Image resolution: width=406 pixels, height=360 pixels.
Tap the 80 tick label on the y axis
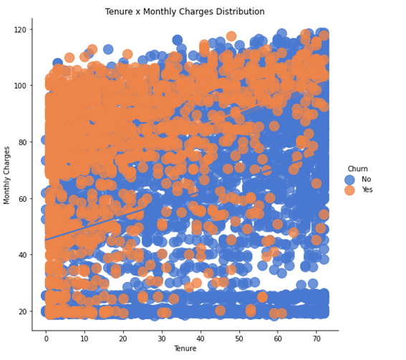point(22,142)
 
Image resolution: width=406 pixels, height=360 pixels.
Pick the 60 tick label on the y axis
point(22,198)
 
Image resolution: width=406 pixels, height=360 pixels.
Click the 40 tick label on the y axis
point(22,255)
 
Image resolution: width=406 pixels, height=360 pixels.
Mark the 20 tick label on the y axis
point(22,311)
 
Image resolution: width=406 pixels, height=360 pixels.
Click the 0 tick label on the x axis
point(46,337)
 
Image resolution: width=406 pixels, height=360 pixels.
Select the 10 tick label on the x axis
point(84,337)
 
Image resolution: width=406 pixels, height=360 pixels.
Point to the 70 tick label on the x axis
point(316,337)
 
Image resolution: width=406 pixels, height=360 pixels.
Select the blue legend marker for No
point(349,180)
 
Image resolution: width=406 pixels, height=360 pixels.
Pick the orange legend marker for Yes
point(349,190)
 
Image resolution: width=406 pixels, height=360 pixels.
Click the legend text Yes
point(368,190)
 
